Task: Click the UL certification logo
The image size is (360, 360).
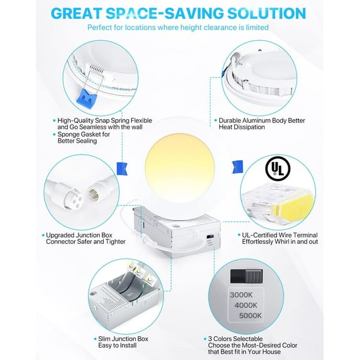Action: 278,169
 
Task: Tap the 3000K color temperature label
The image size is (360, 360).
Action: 241,295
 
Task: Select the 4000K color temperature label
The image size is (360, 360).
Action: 246,305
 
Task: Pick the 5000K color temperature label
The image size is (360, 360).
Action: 251,315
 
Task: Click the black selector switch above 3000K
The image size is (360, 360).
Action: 246,276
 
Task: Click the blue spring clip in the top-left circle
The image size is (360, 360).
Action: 87,99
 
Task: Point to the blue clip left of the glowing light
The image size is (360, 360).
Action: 122,168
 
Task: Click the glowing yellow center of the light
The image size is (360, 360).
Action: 180,168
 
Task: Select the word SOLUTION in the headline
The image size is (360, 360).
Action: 266,13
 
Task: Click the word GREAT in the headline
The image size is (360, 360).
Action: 77,13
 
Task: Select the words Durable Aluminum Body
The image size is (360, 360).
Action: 253,121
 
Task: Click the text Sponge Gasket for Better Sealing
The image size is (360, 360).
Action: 84,138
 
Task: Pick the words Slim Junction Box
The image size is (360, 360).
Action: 123,339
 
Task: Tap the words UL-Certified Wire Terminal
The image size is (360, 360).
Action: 280,235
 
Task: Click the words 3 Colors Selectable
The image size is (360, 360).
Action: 236,339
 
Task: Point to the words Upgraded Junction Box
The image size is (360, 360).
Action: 79,235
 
